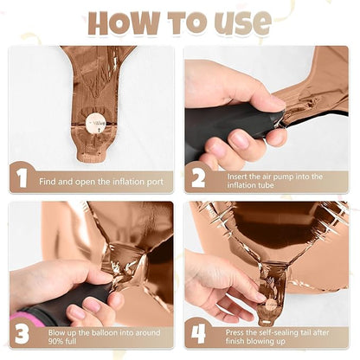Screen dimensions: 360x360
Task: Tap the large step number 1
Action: point(22,178)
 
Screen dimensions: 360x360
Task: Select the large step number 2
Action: point(198,177)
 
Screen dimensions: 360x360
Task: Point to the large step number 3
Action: point(22,334)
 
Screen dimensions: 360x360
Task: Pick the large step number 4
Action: point(198,334)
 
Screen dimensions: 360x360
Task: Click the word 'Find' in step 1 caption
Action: point(48,182)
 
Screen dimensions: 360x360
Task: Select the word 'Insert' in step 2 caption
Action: point(237,177)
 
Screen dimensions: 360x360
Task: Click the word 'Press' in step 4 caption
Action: point(235,332)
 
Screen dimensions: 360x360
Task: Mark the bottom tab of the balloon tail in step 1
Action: point(91,157)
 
